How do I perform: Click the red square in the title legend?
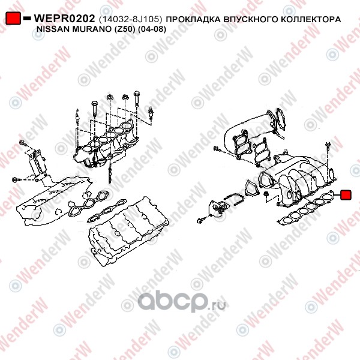13,19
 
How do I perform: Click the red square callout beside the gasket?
346,195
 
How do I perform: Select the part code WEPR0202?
64,19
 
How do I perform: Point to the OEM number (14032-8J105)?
130,19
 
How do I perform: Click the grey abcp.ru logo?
181,302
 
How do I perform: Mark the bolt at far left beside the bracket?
16,179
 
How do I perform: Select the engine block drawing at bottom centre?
128,231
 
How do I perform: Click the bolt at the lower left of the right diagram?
200,221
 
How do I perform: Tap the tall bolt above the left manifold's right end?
136,99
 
